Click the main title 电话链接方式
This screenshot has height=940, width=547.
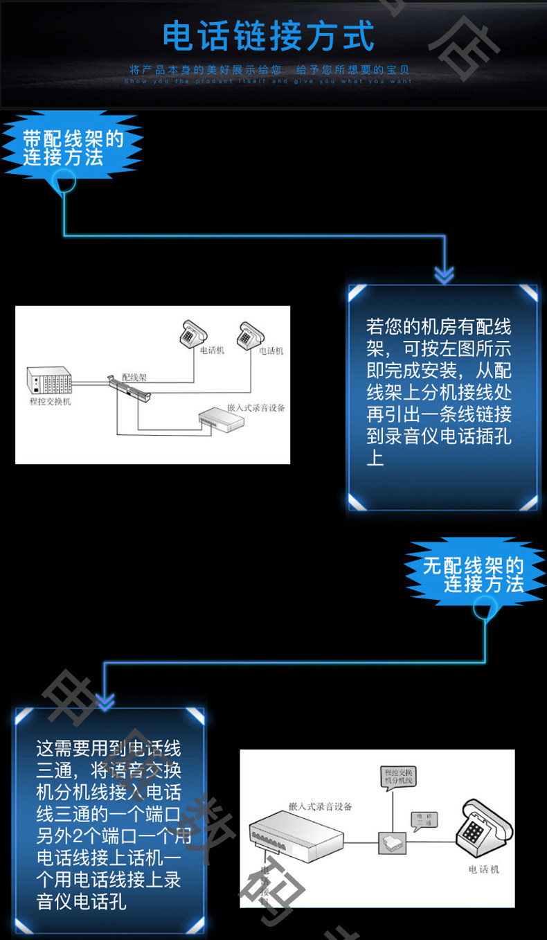point(269,37)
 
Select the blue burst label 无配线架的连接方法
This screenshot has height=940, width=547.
point(474,575)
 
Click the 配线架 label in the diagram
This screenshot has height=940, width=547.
point(134,377)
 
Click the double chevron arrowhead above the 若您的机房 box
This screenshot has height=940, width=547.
point(444,275)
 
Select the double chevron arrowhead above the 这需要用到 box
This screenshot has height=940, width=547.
point(104,702)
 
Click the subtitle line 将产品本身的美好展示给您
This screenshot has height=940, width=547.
point(206,70)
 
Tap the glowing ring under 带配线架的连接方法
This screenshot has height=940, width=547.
point(63,181)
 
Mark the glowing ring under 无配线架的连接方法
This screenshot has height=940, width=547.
point(485,610)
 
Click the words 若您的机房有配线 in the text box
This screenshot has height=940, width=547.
point(438,326)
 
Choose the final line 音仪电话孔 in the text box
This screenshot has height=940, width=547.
point(82,902)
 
